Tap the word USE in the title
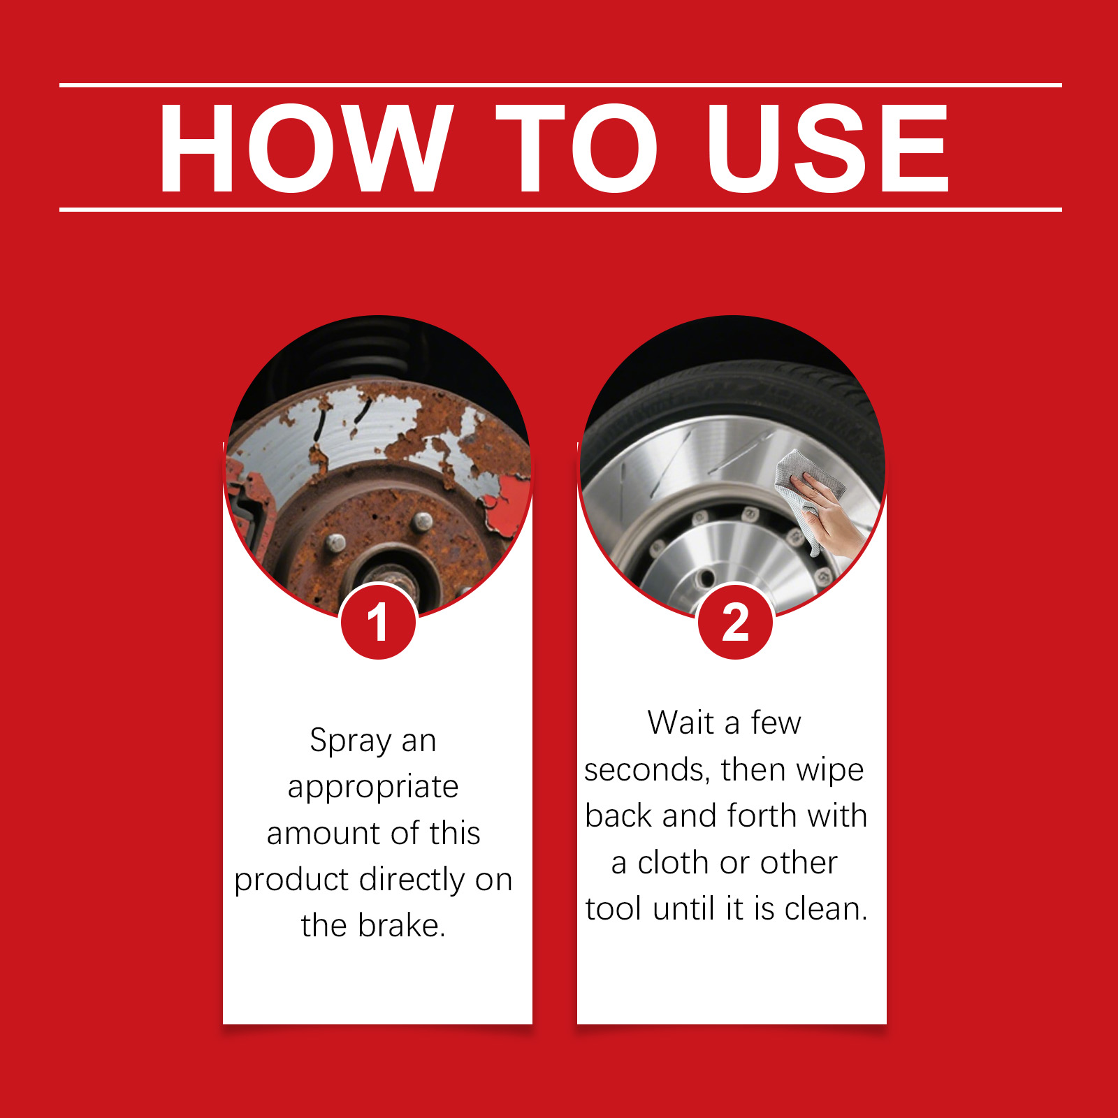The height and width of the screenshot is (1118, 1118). (x=827, y=147)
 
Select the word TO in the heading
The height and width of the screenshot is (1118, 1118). (x=576, y=147)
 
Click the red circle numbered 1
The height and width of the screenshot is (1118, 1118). (x=378, y=622)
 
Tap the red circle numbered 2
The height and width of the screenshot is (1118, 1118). (x=735, y=622)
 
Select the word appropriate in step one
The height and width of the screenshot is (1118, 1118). (x=373, y=788)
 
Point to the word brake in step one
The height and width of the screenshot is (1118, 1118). (x=401, y=925)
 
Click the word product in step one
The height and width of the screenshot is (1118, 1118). (x=291, y=880)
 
